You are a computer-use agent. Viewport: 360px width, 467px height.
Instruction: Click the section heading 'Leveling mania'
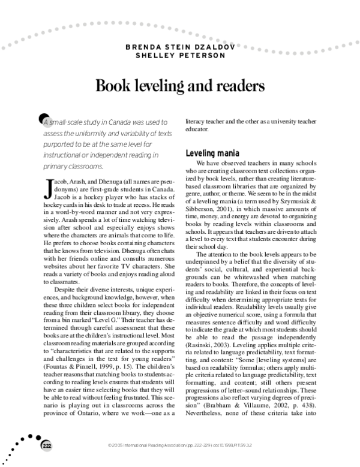[x=214, y=153]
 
